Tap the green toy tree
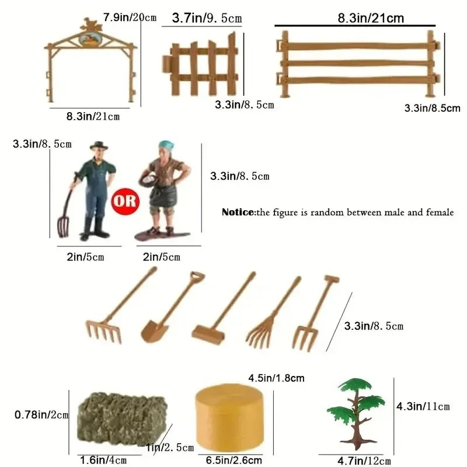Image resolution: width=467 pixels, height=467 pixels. [x=356, y=409]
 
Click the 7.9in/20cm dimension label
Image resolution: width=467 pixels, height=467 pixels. [x=130, y=16]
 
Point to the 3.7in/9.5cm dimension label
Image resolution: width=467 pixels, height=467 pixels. [x=207, y=19]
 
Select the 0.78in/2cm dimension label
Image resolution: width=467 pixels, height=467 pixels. [x=41, y=415]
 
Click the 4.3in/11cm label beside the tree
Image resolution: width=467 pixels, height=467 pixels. [x=424, y=406]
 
